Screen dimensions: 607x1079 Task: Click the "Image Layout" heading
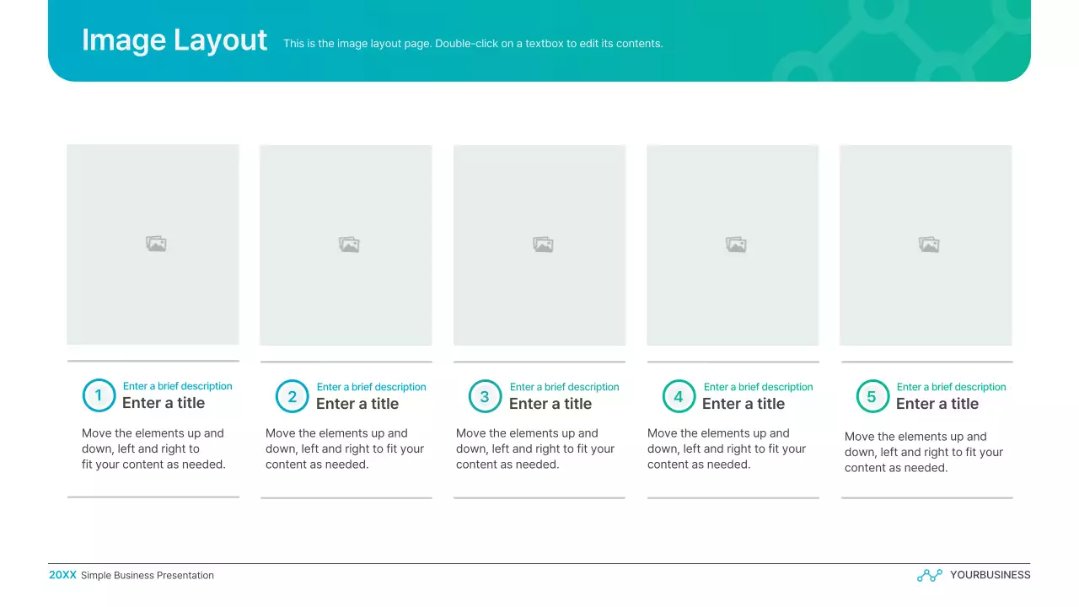pyautogui.click(x=174, y=40)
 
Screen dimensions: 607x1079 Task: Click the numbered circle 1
pyautogui.click(x=99, y=395)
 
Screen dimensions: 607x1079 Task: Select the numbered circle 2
pyautogui.click(x=293, y=396)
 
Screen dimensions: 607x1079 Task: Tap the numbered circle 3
pyautogui.click(x=485, y=396)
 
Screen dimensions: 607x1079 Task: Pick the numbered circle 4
pyautogui.click(x=679, y=396)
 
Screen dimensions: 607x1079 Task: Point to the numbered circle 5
pyautogui.click(x=872, y=396)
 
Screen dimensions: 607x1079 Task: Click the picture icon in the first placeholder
pyautogui.click(x=156, y=244)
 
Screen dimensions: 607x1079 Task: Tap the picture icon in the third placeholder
pyautogui.click(x=543, y=244)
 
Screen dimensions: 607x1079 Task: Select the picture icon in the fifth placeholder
pyautogui.click(x=929, y=244)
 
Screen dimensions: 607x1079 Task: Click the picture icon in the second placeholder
pyautogui.click(x=349, y=244)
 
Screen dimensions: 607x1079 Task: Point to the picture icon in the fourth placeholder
pyautogui.click(x=736, y=244)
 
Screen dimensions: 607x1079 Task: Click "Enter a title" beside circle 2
pyautogui.click(x=357, y=404)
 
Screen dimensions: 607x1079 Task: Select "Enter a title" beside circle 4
pyautogui.click(x=743, y=404)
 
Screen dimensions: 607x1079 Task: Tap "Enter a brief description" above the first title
pyautogui.click(x=178, y=386)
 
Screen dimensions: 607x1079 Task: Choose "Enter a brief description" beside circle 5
pyautogui.click(x=951, y=387)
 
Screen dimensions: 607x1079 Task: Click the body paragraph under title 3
pyautogui.click(x=535, y=449)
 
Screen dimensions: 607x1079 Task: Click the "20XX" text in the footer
pyautogui.click(x=62, y=575)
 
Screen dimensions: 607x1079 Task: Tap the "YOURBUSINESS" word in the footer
pyautogui.click(x=990, y=575)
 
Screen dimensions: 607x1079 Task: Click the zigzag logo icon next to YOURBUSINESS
pyautogui.click(x=929, y=575)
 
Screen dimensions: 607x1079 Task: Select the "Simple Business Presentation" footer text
pyautogui.click(x=148, y=576)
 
